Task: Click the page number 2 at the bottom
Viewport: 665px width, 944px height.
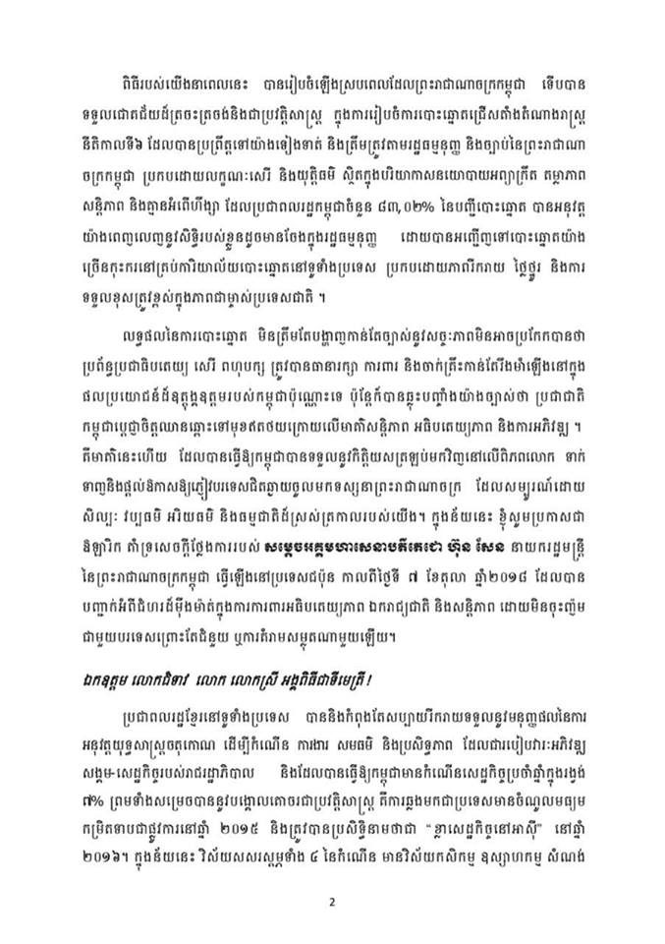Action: coord(332,902)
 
